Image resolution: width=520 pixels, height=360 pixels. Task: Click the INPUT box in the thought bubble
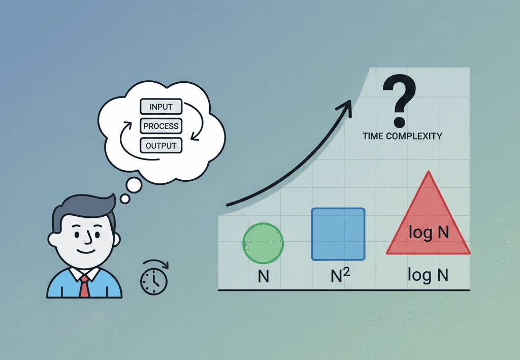[x=161, y=107]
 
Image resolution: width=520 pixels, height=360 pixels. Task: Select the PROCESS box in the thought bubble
[x=161, y=126]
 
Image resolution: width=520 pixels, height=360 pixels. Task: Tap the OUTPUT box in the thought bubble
[x=161, y=146]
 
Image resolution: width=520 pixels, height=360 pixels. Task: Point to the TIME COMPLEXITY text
[x=402, y=136]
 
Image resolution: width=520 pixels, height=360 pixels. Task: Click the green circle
[x=263, y=243]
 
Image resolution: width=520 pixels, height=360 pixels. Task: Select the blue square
[x=338, y=234]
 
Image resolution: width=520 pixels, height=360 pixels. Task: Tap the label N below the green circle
[x=263, y=277]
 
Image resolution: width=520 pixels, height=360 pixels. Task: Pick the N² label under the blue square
[x=340, y=276]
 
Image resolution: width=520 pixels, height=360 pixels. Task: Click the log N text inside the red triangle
[x=429, y=233]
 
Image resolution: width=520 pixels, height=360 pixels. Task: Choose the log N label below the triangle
[x=428, y=275]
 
